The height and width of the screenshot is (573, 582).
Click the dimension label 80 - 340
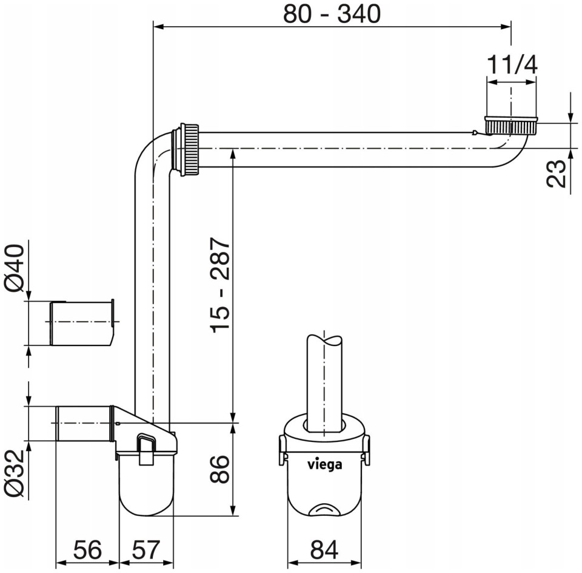[332, 14]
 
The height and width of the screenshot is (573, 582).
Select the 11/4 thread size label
[512, 64]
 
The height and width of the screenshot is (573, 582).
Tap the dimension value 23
[556, 173]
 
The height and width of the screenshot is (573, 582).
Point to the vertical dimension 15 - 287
[221, 285]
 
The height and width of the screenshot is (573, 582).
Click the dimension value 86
[219, 469]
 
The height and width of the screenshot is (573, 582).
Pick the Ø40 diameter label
[15, 268]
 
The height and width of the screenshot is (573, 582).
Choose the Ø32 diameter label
[15, 473]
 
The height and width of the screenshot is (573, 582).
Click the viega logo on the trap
[324, 464]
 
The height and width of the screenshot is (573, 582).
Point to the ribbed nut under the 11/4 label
[510, 125]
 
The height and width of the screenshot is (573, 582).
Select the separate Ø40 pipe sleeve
[82, 324]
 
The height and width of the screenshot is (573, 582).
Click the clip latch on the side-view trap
[147, 449]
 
